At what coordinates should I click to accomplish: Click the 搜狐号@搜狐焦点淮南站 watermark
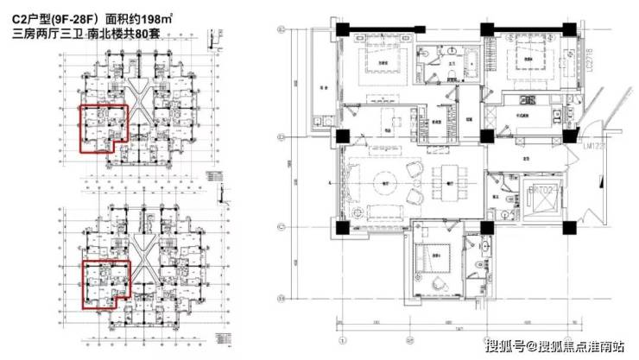554,346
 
